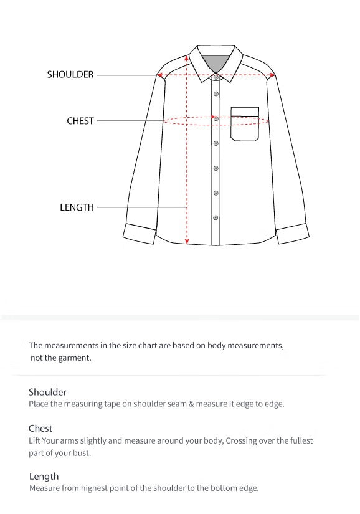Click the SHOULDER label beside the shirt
(70, 75)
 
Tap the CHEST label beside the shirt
(80, 121)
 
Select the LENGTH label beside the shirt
(77, 207)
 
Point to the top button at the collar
(216, 77)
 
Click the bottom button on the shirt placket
(216, 217)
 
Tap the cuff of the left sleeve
(140, 233)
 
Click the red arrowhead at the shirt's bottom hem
(187, 242)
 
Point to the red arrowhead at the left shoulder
(160, 75)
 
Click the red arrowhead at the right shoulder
(272, 75)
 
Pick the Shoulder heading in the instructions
(47, 393)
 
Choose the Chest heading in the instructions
(40, 429)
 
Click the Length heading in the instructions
(44, 477)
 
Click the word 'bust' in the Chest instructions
(82, 453)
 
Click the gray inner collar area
(216, 63)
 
